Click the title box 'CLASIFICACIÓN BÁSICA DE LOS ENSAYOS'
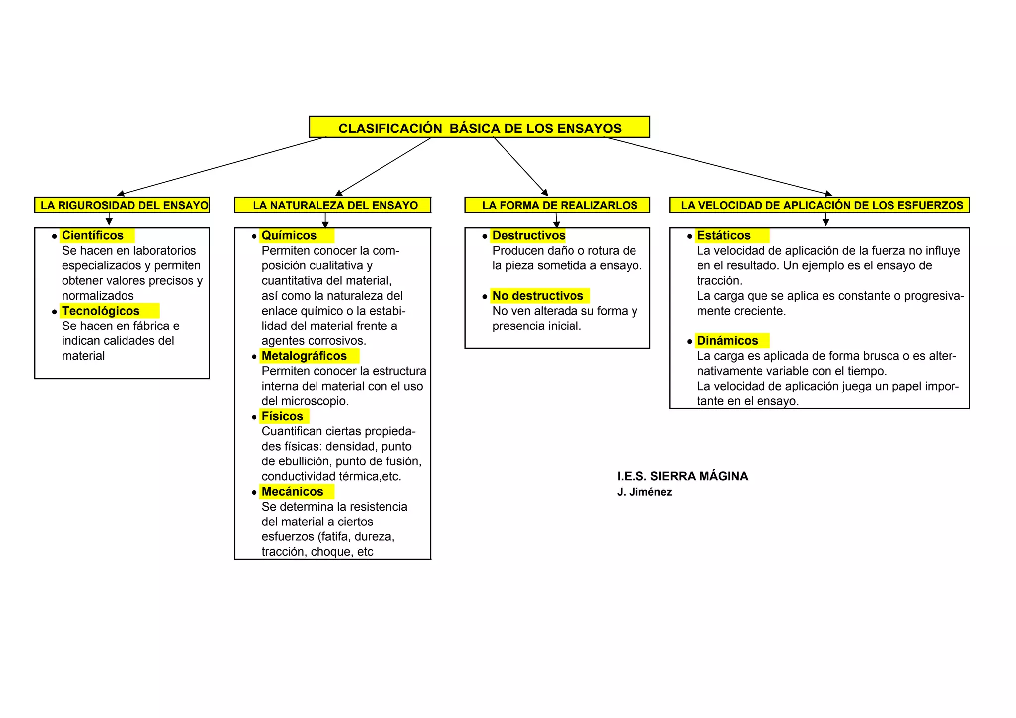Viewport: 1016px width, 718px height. (479, 128)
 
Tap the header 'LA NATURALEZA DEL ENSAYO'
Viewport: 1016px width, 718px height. (335, 205)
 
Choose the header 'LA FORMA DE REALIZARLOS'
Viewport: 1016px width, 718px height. (559, 205)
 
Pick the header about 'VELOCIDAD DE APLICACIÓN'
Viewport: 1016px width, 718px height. (822, 205)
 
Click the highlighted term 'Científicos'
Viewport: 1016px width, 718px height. (93, 235)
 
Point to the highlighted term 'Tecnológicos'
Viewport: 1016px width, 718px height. (101, 311)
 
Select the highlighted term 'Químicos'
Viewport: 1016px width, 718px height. (289, 235)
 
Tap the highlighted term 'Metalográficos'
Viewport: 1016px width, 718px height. (304, 356)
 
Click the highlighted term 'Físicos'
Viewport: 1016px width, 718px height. (282, 416)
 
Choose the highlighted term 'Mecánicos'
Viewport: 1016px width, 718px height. (293, 492)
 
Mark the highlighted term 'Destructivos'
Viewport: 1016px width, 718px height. (529, 235)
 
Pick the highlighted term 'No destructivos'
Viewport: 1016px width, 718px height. (538, 296)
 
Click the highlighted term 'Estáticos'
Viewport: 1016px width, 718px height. (724, 235)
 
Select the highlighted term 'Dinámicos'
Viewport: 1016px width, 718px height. (727, 341)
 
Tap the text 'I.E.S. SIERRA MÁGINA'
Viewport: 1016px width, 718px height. (683, 476)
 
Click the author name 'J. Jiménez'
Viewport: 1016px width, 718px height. (644, 492)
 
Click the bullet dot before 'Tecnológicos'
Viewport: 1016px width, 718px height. (55, 312)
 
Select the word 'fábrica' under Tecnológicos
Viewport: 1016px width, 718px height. (151, 326)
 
